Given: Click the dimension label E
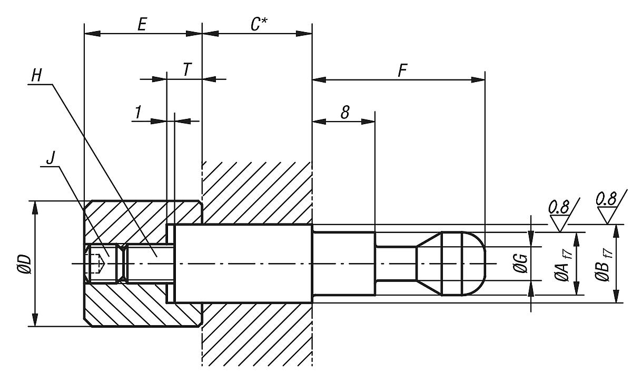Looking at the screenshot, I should coord(142,24).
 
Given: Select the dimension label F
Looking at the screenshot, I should coord(402,71).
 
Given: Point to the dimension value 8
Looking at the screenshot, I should coord(345,112).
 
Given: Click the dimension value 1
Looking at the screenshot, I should coord(138,112).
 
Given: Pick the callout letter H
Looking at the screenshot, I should coord(36,75).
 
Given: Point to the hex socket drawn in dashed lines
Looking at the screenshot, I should coord(96,263).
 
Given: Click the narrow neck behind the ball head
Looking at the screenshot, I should coord(395,264).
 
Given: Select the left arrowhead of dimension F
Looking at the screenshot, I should coord(319,80).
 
